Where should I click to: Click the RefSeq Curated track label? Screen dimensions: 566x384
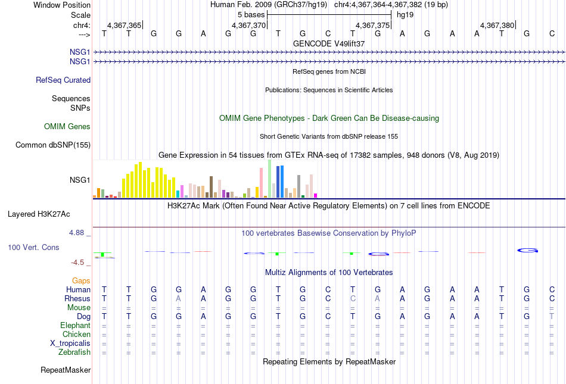63,80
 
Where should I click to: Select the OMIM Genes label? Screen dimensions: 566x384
67,127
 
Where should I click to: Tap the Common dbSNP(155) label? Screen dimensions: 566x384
53,145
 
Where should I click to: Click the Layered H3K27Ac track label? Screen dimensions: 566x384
39,214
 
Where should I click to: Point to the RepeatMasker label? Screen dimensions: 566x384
66,370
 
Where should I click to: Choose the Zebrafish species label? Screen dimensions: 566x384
74,352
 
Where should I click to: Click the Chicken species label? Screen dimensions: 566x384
76,334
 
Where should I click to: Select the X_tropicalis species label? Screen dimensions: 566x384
70,344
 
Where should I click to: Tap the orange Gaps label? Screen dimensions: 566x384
81,280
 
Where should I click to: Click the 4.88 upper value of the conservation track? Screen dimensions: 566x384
76,233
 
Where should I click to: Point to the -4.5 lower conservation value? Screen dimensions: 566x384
77,263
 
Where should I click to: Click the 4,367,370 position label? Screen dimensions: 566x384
248,25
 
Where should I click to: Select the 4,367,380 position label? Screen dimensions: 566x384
497,25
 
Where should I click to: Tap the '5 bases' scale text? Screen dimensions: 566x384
251,15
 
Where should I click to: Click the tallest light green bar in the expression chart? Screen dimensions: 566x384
270,179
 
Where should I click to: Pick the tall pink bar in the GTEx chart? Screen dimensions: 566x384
262,183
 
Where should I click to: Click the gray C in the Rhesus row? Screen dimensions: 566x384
353,298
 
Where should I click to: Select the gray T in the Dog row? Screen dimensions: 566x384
552,317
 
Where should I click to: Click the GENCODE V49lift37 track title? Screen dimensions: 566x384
329,43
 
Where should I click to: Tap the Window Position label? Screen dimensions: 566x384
62,5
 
